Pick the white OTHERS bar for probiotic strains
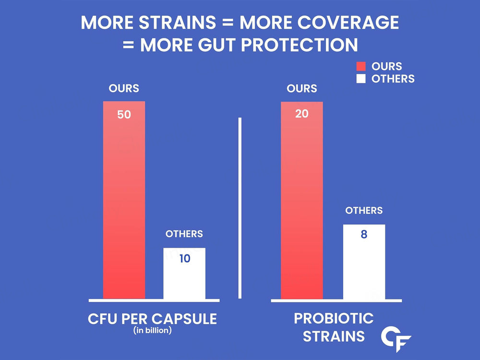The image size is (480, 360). (x=364, y=269)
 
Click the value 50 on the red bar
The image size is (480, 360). (x=124, y=115)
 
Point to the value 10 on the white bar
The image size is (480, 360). (x=184, y=259)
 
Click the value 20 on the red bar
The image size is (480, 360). (x=301, y=115)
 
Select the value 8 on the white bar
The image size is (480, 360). (x=364, y=236)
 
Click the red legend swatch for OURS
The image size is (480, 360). (x=361, y=67)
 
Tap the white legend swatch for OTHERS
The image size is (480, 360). (x=361, y=79)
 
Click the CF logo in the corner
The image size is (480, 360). (x=396, y=339)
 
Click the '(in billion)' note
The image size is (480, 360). (x=153, y=330)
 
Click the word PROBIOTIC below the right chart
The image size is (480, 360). (x=334, y=318)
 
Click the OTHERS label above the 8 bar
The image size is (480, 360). (x=364, y=210)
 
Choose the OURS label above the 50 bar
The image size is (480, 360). (x=124, y=88)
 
